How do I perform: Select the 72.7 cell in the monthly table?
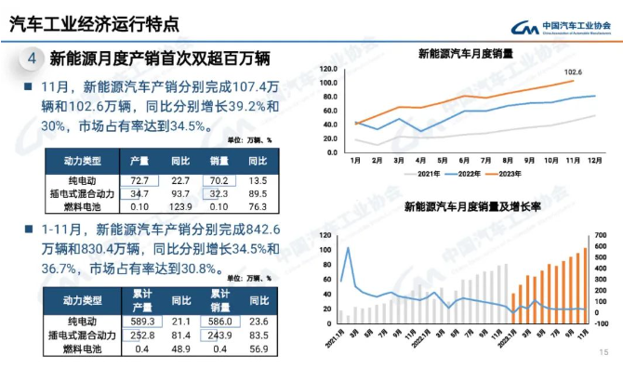pos(139,179)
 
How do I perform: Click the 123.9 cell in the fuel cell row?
pos(180,206)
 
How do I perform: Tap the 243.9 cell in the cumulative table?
pos(219,335)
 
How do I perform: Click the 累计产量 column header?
pos(140,300)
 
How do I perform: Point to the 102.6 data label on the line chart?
pos(573,72)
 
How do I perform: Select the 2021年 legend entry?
pos(427,173)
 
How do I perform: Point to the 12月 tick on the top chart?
pos(590,160)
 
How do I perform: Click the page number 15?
pos(603,352)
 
